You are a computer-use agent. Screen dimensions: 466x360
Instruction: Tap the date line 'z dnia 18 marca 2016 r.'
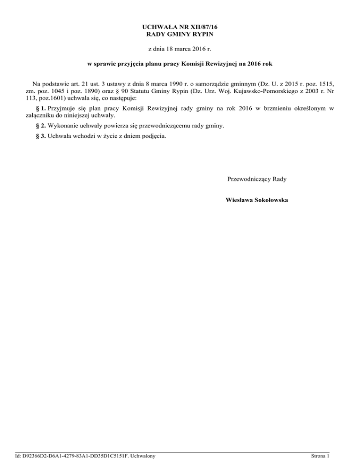click(180, 48)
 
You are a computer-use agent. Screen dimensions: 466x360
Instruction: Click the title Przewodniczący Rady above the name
click(257, 179)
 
